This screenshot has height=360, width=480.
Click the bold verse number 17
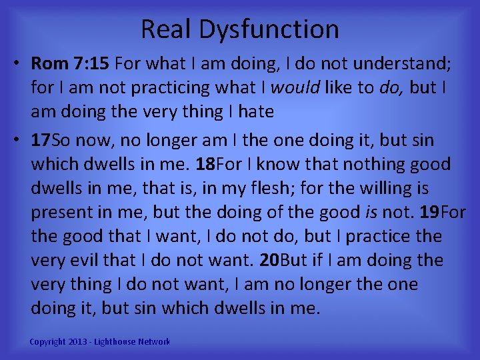click(x=41, y=140)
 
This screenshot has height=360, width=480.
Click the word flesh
click(x=269, y=188)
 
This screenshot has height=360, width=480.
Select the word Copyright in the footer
click(x=48, y=342)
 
